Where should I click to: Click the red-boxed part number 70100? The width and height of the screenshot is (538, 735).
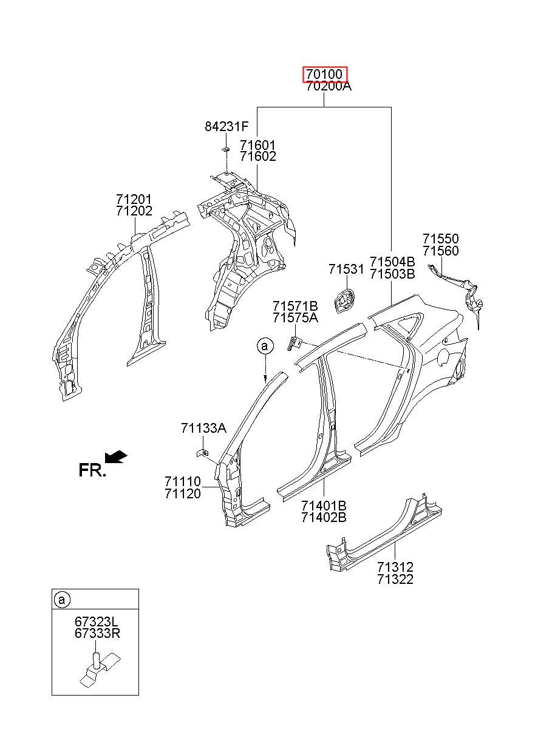point(324,74)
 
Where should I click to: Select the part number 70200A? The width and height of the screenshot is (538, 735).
point(329,87)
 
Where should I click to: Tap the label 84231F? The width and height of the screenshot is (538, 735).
point(226,126)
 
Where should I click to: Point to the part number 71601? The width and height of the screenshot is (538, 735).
point(257,145)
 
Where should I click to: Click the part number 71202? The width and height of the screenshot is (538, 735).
point(134,211)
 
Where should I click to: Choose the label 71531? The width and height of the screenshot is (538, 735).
point(346,269)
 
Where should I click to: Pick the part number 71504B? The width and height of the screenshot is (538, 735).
point(392,262)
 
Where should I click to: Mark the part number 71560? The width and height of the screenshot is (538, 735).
point(440,251)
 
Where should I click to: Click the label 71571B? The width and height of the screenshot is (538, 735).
point(295,306)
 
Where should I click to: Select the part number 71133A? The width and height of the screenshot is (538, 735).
point(203,428)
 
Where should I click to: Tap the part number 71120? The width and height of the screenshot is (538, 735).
point(183,493)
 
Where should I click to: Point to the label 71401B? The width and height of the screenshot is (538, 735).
point(324,506)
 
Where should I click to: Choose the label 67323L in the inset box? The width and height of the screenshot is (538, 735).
point(95,621)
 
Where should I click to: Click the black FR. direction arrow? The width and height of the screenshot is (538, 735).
point(116,458)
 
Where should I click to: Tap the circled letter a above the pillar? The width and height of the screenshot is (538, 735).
point(265,346)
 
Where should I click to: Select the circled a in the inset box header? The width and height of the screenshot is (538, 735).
point(62,600)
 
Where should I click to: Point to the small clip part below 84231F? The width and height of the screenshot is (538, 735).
point(225,150)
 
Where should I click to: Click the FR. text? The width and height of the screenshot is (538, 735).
point(92,470)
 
